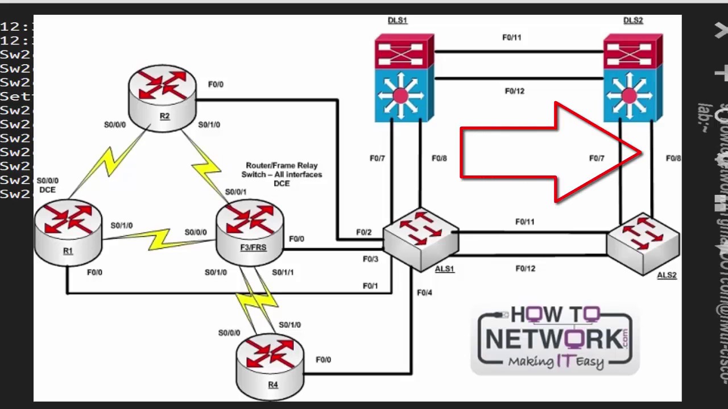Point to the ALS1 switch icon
click(x=421, y=239)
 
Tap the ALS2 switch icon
click(x=643, y=243)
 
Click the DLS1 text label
click(x=398, y=20)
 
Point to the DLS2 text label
click(x=633, y=20)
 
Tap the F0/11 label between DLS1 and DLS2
click(x=511, y=37)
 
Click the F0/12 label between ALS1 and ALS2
click(x=525, y=269)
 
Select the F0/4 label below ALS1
click(x=424, y=293)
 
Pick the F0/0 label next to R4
click(x=323, y=360)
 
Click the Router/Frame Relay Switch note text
click(x=282, y=174)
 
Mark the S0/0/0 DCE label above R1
click(x=48, y=185)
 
